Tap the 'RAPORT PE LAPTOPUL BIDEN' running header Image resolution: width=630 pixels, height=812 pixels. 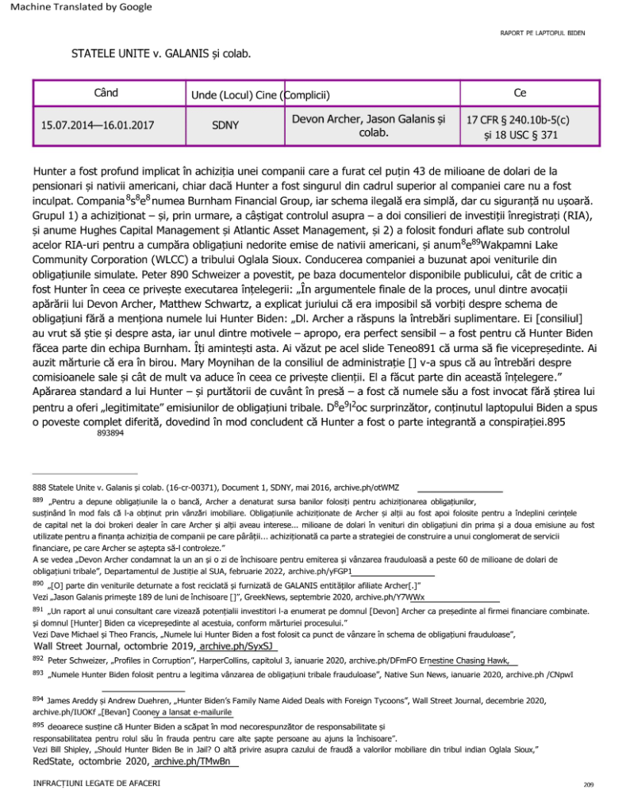pos(542,33)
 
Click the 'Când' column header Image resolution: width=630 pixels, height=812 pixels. pos(106,94)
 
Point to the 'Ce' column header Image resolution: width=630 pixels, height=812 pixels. pos(520,94)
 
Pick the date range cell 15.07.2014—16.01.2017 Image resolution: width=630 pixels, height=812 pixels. pos(98,124)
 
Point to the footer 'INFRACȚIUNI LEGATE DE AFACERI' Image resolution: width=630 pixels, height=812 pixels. pos(85,783)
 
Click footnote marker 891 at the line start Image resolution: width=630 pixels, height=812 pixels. pos(37,611)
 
